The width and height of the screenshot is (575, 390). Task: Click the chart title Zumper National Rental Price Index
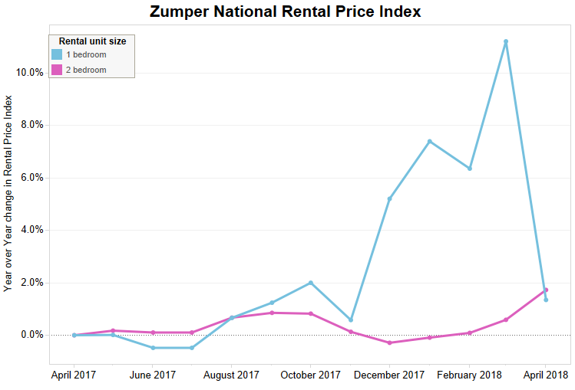coord(285,12)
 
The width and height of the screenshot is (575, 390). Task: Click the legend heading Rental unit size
coord(92,41)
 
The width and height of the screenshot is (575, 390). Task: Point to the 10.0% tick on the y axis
coord(29,72)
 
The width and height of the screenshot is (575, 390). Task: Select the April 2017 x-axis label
coord(74,375)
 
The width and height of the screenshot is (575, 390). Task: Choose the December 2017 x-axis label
coord(390,375)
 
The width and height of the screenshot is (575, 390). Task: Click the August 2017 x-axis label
coord(232,375)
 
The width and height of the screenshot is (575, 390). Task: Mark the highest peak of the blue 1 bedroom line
coord(506,41)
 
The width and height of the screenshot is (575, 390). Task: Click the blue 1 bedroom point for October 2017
coord(311,283)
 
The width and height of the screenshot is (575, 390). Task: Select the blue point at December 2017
coord(390,198)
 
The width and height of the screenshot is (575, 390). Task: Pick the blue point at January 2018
coord(429,141)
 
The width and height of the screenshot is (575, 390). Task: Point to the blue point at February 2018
coord(469,169)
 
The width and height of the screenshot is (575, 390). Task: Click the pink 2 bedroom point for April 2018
coord(546,290)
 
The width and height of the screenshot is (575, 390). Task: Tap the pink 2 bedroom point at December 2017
coord(390,342)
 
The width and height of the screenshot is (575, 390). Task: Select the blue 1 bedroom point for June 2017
coord(153,348)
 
